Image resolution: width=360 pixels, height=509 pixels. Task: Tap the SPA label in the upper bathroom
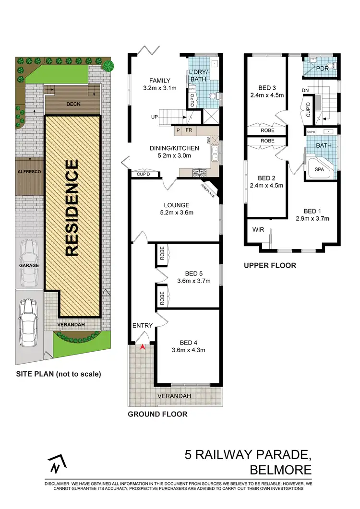319,170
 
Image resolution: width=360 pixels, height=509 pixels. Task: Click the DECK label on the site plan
72,104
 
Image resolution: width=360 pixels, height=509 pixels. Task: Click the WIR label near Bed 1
258,230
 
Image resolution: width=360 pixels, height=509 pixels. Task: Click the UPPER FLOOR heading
270,265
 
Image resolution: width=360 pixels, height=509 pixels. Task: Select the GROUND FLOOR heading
157,414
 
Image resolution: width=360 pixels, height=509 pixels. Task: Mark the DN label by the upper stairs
305,90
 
